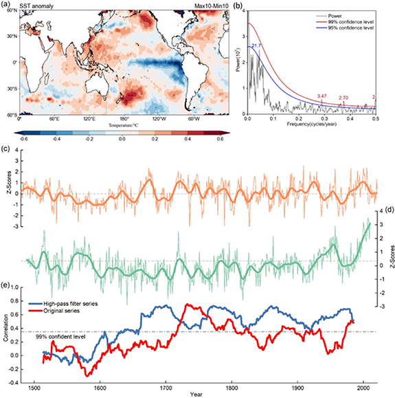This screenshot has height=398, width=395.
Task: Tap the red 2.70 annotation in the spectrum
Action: pyautogui.click(x=344, y=98)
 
